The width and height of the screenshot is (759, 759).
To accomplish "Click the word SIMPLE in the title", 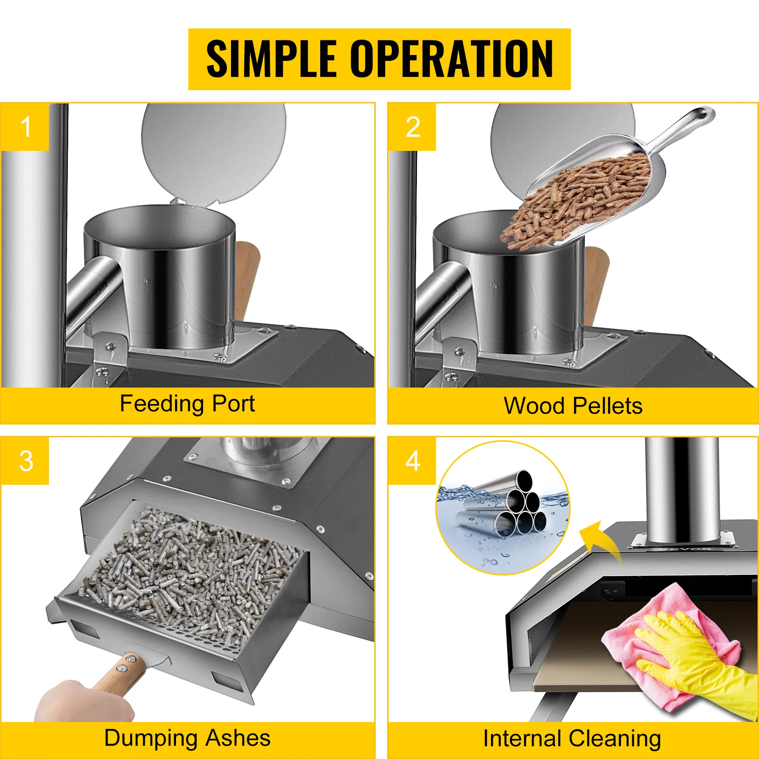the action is pos(272,59).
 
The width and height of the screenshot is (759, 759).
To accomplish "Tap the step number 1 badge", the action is pos(25,127).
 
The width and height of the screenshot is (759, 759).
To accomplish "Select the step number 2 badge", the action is pos(412,127).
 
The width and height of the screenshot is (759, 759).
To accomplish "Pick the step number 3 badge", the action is pos(25,461).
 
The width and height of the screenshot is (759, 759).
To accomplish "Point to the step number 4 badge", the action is pos(412,461).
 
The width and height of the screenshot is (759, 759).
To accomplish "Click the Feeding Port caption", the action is pos(187,404).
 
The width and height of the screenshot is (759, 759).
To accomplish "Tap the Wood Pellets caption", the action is pos(573,406).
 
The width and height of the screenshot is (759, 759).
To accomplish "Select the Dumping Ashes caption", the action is pos(187,738).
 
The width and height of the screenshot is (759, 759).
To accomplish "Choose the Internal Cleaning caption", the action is pos(572,739).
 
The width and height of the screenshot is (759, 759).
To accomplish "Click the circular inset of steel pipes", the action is pos(503,508).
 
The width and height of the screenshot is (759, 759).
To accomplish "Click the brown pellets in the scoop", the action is pos(576,202).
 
